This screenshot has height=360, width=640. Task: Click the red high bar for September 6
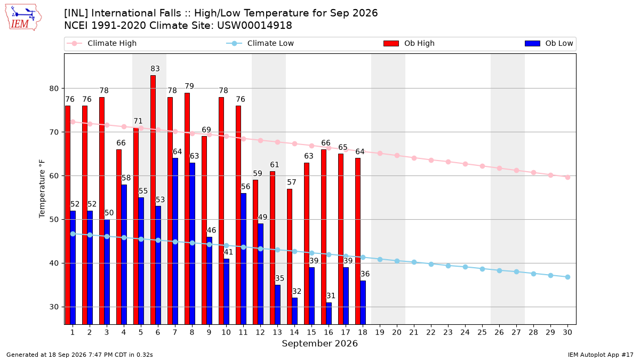[x=153, y=199]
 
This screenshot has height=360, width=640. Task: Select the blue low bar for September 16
[x=329, y=314]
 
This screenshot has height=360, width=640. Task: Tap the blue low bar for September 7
[x=175, y=241]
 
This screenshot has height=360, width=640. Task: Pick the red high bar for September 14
[x=290, y=257]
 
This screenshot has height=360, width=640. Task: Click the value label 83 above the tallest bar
[x=155, y=69]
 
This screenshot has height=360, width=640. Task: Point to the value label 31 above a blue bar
[x=331, y=295]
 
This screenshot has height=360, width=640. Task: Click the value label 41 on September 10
[x=228, y=252]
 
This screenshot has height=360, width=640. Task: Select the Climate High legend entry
[x=102, y=43]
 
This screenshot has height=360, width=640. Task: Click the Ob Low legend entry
[x=549, y=43]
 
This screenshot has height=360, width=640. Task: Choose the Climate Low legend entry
[x=260, y=43]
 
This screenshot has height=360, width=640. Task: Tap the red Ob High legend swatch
[x=391, y=43]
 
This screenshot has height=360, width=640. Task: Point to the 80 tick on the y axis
[x=54, y=89]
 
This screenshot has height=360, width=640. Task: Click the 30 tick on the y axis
[x=54, y=307]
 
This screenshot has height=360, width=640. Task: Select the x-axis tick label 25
[x=482, y=332]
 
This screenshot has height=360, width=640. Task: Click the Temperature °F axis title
[x=42, y=189]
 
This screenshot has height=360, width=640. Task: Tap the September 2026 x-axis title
[x=319, y=343]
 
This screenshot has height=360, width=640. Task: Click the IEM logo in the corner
[x=23, y=18]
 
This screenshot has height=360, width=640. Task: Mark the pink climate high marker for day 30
[x=567, y=178]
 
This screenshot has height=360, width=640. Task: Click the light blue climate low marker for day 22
[x=431, y=265]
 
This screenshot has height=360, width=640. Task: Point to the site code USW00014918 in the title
[x=254, y=26]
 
